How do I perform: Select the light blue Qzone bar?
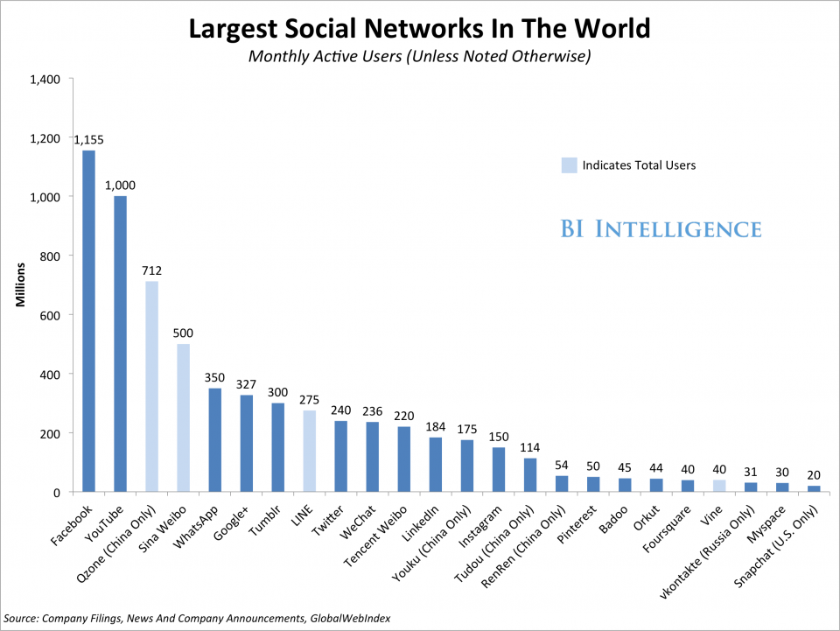(x=151, y=386)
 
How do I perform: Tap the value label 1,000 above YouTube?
(x=120, y=186)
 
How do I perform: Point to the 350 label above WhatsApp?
(x=214, y=378)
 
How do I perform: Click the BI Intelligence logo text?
(x=661, y=229)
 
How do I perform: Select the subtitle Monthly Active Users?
(x=420, y=57)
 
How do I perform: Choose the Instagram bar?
(x=498, y=470)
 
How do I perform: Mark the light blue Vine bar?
(x=718, y=486)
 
